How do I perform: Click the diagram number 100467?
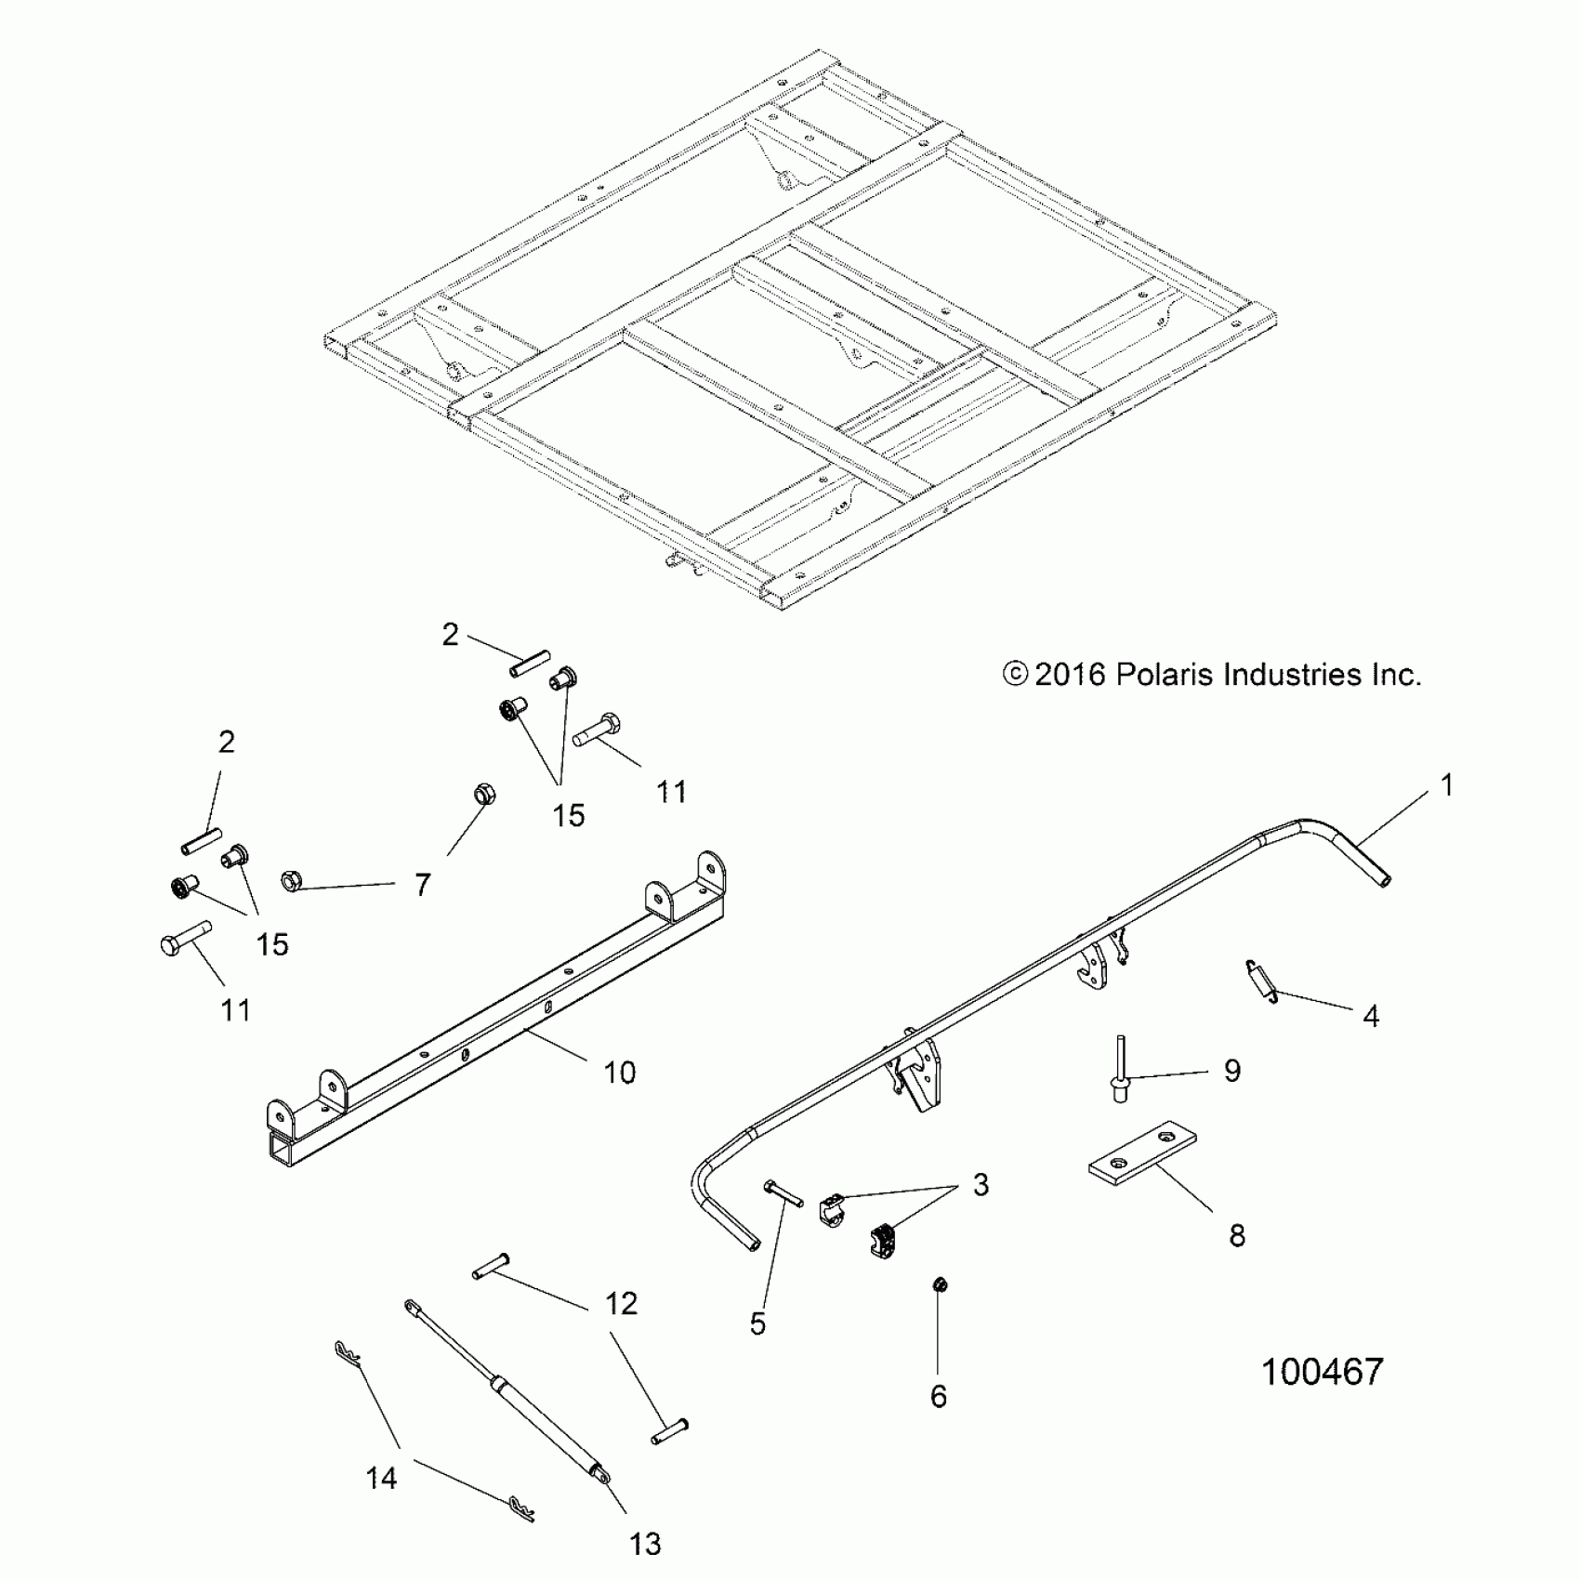[1322, 1372]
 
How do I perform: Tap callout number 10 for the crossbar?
[619, 1073]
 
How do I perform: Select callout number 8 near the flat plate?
[1236, 1235]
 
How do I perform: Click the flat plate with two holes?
[1141, 1154]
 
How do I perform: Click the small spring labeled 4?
[1260, 981]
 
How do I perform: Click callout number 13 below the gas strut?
[645, 1544]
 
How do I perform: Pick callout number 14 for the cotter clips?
[381, 1477]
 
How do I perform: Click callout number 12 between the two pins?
[621, 1303]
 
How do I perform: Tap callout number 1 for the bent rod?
[1445, 786]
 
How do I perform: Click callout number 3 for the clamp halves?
[981, 1185]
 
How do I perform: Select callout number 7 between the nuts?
[423, 885]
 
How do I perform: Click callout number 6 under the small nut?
[939, 1396]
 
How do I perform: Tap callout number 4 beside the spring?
[1371, 1017]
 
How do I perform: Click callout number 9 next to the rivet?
[1231, 1071]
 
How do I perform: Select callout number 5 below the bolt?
[757, 1323]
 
